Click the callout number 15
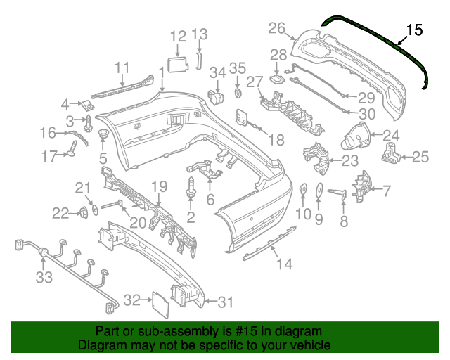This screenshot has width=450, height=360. click(415, 30)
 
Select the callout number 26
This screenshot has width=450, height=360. click(277, 28)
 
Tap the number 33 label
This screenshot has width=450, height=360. click(44, 278)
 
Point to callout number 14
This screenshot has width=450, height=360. click(283, 264)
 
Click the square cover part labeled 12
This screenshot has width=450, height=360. click(179, 65)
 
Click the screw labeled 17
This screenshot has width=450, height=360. click(72, 148)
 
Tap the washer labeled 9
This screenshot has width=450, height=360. click(318, 190)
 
